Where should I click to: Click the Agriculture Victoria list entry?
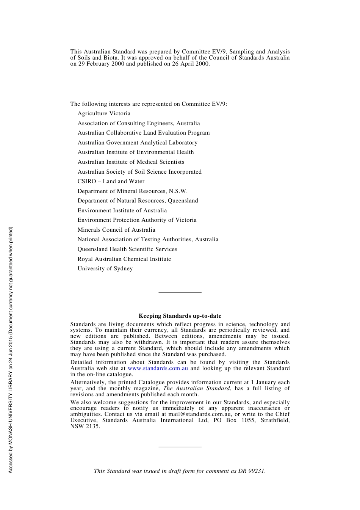tap(104, 113)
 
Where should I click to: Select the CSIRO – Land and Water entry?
tap(111, 181)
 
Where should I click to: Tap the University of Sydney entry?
tap(105, 268)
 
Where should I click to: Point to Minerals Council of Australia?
tap(116, 230)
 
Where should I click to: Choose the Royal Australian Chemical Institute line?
tap(124, 259)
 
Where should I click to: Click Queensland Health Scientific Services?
tap(127, 249)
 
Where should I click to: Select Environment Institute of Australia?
tap(122, 210)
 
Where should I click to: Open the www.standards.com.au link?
tap(158, 368)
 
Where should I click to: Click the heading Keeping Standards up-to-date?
tap(180, 316)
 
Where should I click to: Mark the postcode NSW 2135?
tap(85, 426)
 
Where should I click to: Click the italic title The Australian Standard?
tap(196, 388)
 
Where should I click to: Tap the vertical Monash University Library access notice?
tap(11, 350)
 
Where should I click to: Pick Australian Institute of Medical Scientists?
tap(131, 162)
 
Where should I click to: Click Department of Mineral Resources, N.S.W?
tap(132, 191)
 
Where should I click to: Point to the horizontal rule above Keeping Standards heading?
tap(180, 292)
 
